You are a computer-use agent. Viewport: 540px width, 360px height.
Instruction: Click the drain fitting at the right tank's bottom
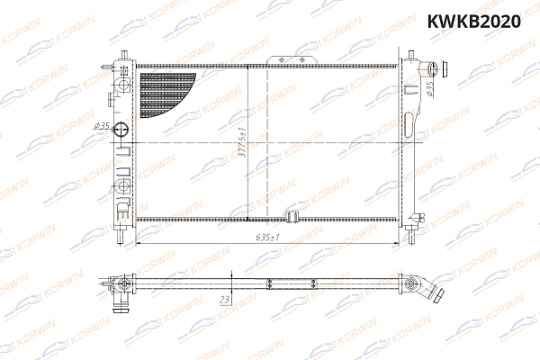click(x=416, y=220)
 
